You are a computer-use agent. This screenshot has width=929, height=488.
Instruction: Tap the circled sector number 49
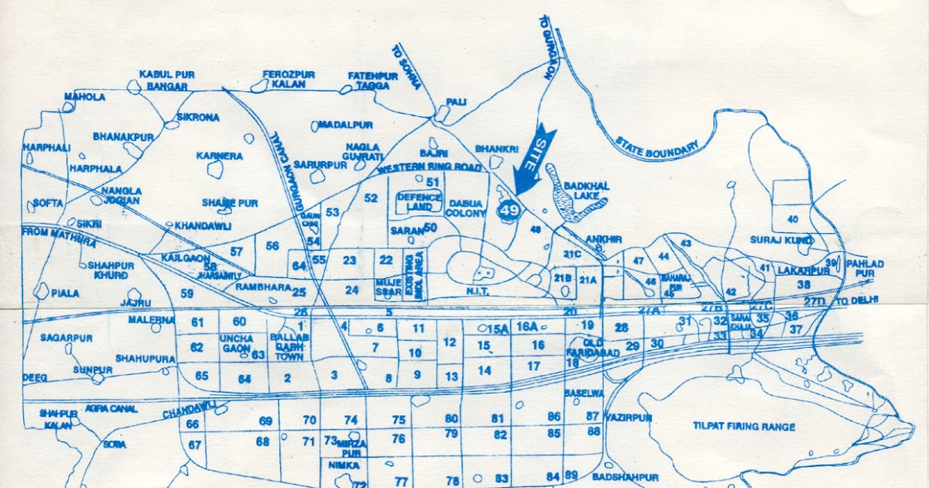point(509,210)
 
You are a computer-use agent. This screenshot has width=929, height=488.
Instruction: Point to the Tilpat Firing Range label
point(744,427)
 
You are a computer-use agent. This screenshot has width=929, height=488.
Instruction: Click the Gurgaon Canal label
point(284,170)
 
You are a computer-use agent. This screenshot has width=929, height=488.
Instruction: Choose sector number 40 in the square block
point(792,219)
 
